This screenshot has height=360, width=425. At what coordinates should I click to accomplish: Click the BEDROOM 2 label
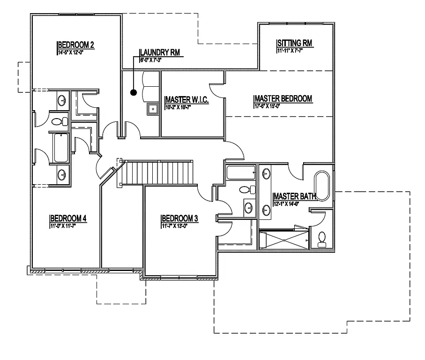(x=76, y=45)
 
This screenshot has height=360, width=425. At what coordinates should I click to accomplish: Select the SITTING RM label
(x=294, y=44)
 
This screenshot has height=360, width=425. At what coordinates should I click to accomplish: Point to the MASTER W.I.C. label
(x=187, y=100)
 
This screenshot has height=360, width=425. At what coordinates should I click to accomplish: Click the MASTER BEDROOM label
(x=283, y=98)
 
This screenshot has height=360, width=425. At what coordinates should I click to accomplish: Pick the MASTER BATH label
(x=295, y=196)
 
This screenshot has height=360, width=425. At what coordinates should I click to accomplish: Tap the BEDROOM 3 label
(x=180, y=218)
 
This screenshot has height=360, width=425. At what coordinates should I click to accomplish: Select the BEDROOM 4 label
(x=68, y=218)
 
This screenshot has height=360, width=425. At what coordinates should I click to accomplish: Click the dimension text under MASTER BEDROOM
(x=269, y=106)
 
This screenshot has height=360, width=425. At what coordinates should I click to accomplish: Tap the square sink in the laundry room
(x=152, y=109)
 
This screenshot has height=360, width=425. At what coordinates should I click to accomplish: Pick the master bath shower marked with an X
(x=284, y=240)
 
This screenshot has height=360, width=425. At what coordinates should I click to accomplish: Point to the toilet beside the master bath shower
(x=322, y=239)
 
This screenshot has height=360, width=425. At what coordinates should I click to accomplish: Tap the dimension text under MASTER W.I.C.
(x=179, y=107)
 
